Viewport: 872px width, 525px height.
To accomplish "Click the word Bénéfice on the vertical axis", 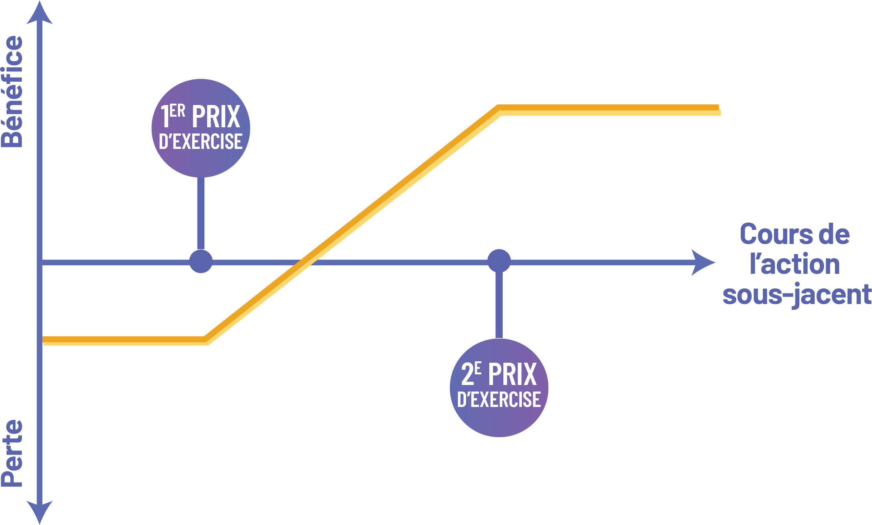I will tap(12, 91).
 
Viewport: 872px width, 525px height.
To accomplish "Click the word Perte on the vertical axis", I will tap(12, 453).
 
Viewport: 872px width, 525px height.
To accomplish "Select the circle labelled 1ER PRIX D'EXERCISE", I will tap(201, 128).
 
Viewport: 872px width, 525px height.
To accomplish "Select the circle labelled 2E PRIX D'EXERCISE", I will tap(499, 388).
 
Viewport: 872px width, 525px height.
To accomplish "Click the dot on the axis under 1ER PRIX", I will tap(201, 261).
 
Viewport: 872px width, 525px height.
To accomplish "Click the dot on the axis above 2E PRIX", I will tap(499, 261).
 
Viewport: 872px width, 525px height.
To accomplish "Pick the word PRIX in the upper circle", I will tap(216, 116).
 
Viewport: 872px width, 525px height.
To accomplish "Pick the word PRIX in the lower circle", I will tap(513, 374).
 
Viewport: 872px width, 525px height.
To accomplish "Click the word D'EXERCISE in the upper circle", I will tap(201, 141).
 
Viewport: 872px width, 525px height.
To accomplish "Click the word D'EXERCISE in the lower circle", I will tap(499, 399).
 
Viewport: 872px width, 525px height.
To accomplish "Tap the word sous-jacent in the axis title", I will tap(797, 294).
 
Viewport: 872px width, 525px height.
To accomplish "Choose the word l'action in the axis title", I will tap(795, 264).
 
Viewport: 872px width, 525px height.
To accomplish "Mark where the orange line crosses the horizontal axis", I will tap(306, 262).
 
